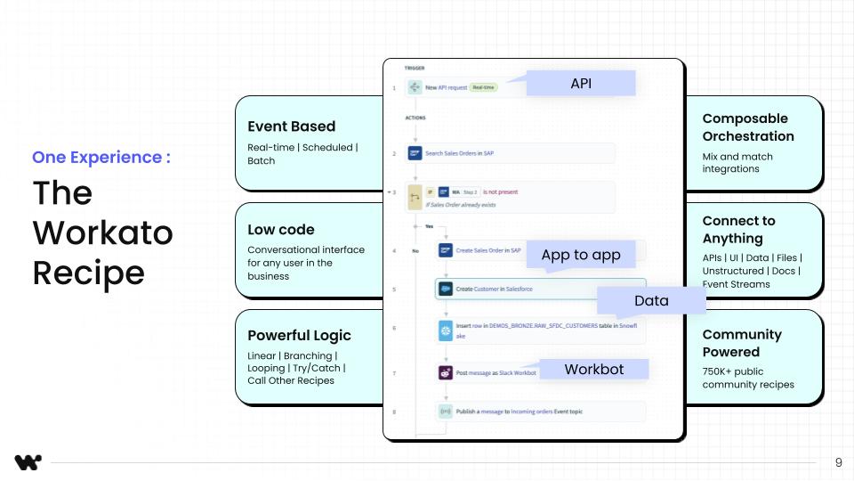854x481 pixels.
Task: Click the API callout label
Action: pyautogui.click(x=581, y=84)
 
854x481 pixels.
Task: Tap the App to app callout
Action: pyautogui.click(x=581, y=255)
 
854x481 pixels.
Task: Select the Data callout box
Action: pyautogui.click(x=651, y=301)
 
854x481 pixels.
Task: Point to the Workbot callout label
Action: pyautogui.click(x=593, y=369)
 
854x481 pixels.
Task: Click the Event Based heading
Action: pyautogui.click(x=291, y=126)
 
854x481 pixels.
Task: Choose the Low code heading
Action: pyautogui.click(x=281, y=230)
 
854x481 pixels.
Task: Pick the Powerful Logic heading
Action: pyautogui.click(x=299, y=336)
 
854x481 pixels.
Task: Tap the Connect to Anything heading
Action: pyautogui.click(x=738, y=230)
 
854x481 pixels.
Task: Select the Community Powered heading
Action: pyautogui.click(x=742, y=343)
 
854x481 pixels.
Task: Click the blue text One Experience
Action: pyautogui.click(x=101, y=158)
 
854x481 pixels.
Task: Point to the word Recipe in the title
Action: pyautogui.click(x=88, y=273)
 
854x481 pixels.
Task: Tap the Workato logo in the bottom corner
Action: pyautogui.click(x=28, y=462)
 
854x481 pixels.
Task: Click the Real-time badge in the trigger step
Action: pyautogui.click(x=483, y=86)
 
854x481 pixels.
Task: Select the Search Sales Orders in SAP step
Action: pyautogui.click(x=459, y=153)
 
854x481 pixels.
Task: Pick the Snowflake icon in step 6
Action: pyautogui.click(x=446, y=330)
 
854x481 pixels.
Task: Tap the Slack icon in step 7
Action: pyautogui.click(x=446, y=373)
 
